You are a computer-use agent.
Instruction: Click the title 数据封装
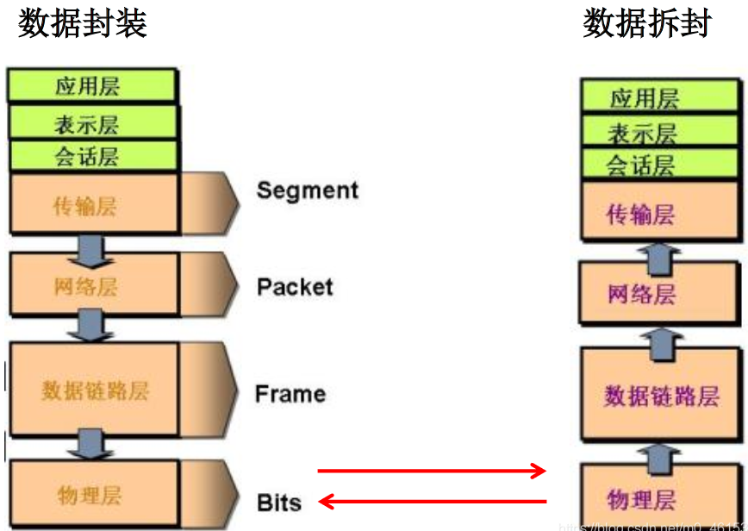coord(83,23)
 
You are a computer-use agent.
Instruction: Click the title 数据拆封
coord(647,23)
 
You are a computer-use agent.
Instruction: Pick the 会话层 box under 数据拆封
coord(640,164)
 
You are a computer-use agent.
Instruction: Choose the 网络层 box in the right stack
coord(640,293)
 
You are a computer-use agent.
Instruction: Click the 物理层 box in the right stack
coord(640,498)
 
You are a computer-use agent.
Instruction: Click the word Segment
coord(307,190)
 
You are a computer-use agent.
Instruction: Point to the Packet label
coord(295,286)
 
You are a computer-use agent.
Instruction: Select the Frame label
coord(290,394)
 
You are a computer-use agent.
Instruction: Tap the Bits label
coord(279,502)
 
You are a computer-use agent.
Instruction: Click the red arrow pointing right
coord(432,471)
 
